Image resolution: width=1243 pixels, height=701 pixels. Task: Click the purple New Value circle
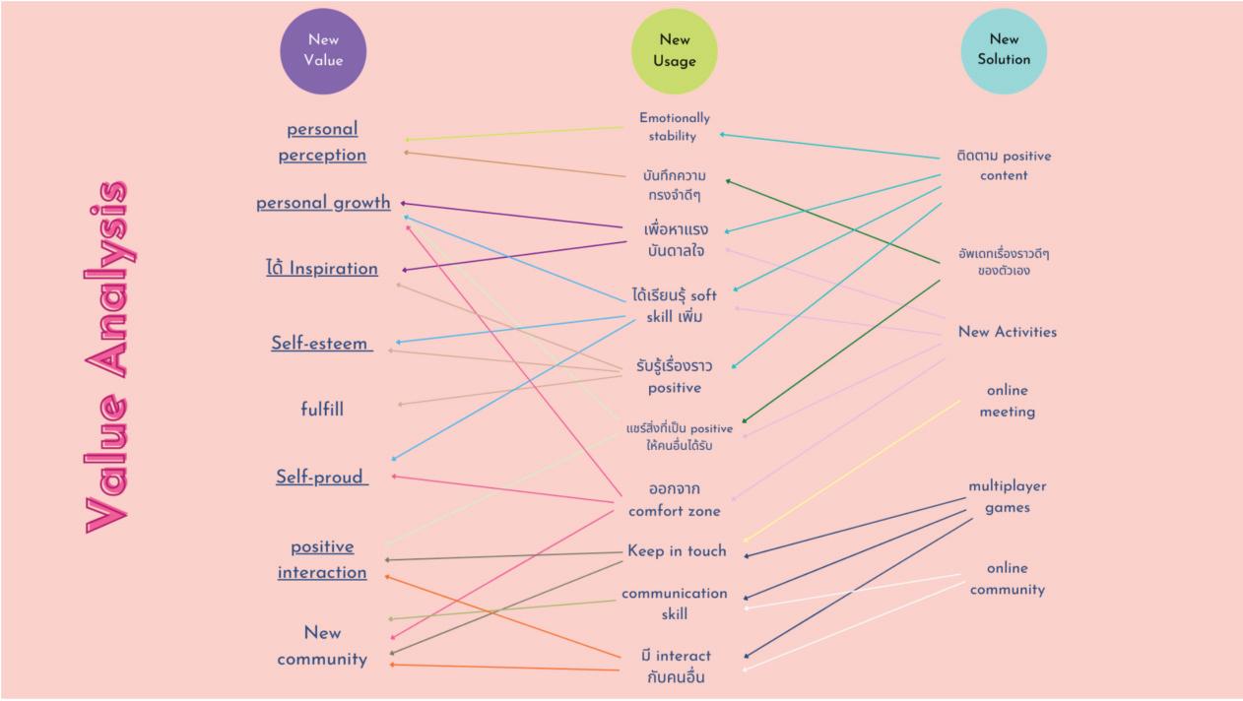323,51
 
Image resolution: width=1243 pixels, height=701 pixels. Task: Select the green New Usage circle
675,51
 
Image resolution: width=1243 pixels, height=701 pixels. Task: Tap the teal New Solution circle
1004,50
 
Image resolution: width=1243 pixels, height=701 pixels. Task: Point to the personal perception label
322,142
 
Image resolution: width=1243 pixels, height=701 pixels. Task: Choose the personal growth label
323,203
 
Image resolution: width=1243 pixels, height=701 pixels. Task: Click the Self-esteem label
321,344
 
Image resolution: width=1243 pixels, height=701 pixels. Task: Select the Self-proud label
321,477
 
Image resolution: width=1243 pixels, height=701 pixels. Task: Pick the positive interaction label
322,559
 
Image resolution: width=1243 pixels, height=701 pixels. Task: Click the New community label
322,646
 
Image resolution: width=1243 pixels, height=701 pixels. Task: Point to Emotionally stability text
674,127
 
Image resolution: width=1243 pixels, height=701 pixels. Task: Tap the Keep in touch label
677,551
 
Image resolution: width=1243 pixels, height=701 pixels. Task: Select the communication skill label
675,604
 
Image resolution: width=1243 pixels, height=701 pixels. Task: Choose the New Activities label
1007,332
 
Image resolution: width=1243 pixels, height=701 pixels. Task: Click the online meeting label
1007,402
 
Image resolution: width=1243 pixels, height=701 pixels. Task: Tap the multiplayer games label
1007,497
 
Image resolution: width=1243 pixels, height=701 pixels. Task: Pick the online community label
1007,579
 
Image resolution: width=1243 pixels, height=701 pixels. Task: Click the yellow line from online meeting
852,470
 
